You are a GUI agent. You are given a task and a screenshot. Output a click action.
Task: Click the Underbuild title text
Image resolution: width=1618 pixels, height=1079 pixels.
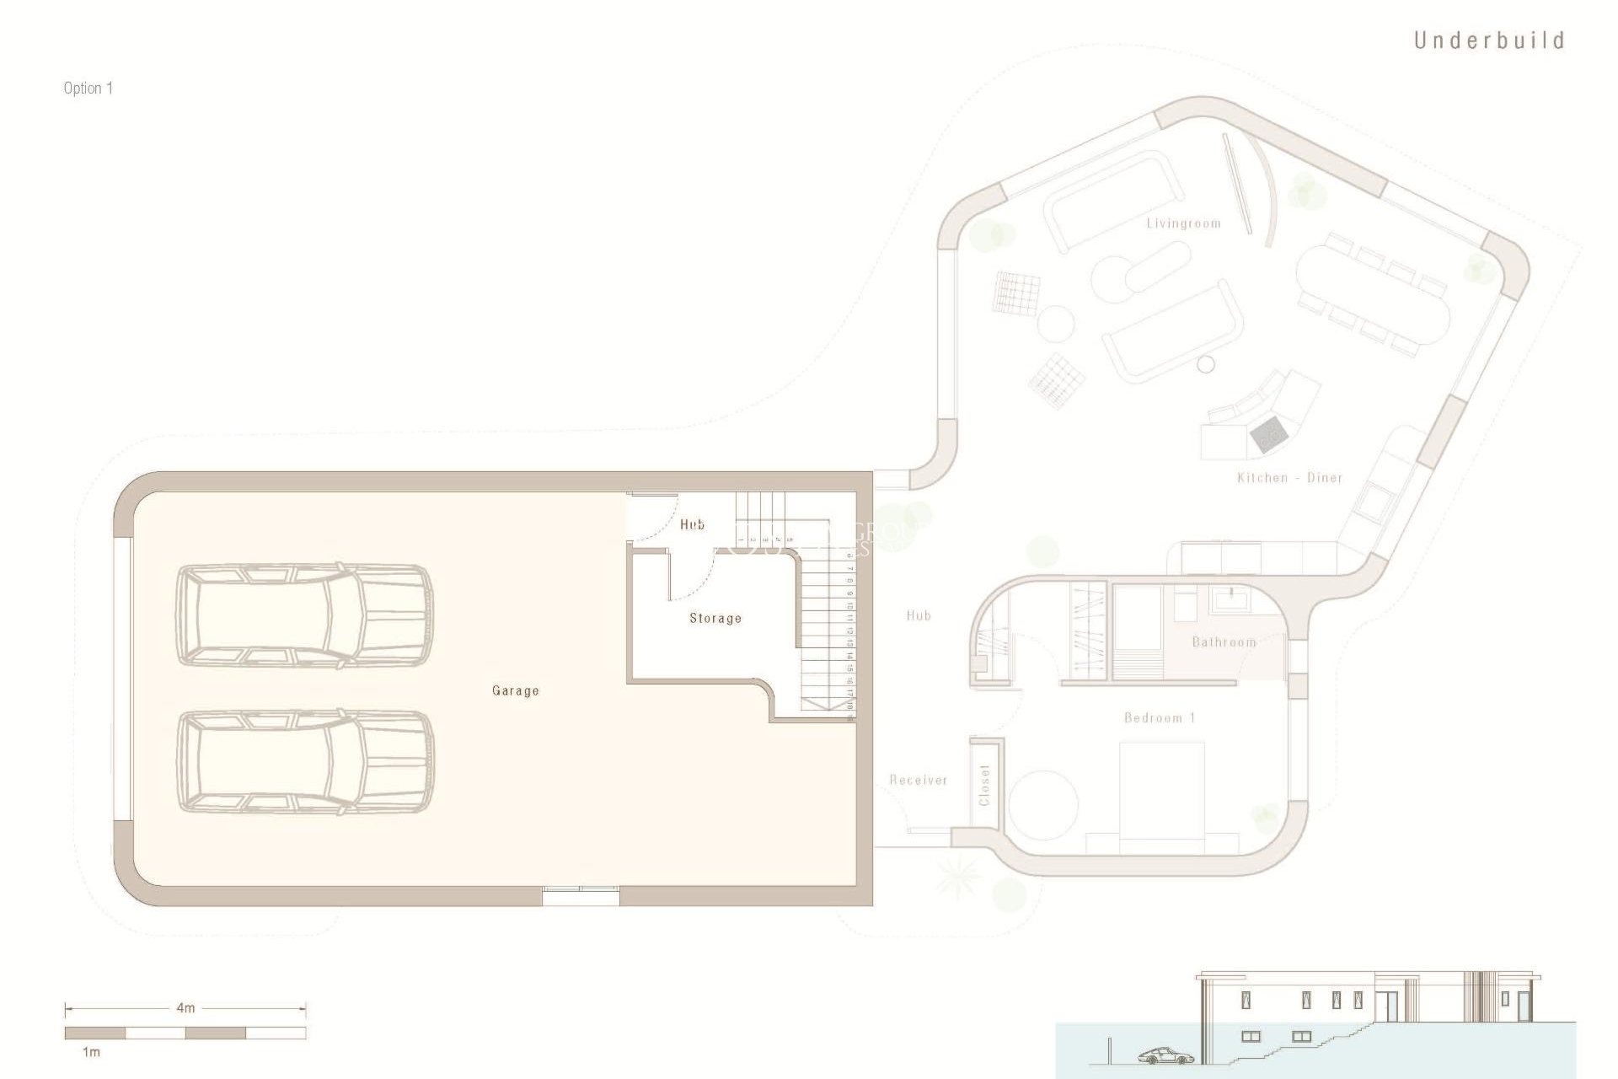click(x=1488, y=40)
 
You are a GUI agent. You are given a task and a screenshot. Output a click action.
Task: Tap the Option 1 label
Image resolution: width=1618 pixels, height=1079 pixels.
click(x=88, y=89)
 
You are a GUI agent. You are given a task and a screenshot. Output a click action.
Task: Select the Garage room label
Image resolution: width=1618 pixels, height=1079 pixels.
click(x=515, y=690)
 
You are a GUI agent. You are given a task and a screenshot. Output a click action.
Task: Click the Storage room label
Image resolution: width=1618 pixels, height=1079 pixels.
click(x=715, y=618)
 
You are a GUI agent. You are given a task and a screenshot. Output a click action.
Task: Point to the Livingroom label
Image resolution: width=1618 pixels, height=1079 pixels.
click(x=1183, y=223)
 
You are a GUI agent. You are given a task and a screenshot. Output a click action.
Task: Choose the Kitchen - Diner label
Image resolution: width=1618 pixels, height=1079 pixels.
click(x=1289, y=478)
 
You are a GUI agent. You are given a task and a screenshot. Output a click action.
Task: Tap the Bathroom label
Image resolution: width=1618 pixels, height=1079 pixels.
click(x=1224, y=642)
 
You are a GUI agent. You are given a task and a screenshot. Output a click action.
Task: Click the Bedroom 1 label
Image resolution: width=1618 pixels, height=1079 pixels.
click(x=1160, y=718)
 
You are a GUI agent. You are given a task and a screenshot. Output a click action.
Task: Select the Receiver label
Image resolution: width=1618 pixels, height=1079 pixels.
click(x=919, y=781)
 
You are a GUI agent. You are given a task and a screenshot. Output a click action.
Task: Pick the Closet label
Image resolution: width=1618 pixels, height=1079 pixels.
click(x=984, y=785)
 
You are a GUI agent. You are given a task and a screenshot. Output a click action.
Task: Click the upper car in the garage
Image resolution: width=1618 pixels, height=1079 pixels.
click(x=304, y=616)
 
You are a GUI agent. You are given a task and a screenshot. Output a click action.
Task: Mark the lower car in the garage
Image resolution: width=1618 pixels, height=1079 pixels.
click(x=306, y=762)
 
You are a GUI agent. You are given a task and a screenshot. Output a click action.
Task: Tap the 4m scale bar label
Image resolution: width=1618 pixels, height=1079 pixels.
click(x=185, y=1007)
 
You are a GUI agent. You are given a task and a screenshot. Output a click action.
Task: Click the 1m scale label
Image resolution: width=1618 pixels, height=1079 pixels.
click(x=91, y=1052)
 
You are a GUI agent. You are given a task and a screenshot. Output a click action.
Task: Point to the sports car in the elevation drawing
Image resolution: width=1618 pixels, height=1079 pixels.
click(x=1165, y=1056)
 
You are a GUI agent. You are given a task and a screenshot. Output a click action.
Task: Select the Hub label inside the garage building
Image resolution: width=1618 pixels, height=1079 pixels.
click(x=692, y=524)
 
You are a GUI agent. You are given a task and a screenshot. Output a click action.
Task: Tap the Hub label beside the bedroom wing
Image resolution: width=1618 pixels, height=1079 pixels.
click(x=919, y=616)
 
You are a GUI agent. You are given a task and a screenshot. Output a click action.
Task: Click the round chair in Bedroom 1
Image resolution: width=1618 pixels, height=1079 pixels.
click(x=1043, y=804)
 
